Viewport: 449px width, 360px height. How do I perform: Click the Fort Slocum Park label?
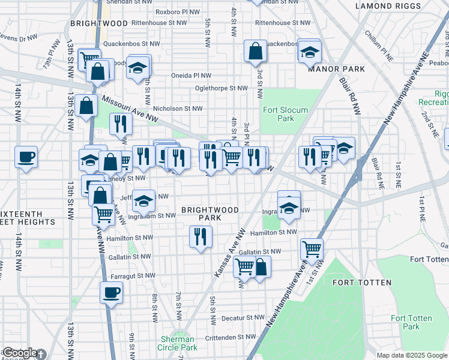pyautogui.click(x=286, y=114)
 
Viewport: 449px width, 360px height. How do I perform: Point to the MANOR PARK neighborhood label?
pyautogui.click(x=336, y=69)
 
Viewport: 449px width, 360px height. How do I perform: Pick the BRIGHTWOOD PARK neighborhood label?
pyautogui.click(x=211, y=214)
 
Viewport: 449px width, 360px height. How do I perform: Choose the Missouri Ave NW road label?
pyautogui.click(x=130, y=110)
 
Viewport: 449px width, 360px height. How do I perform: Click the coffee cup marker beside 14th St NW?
pyautogui.click(x=26, y=158)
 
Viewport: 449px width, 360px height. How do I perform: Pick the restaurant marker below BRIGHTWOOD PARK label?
pyautogui.click(x=200, y=236)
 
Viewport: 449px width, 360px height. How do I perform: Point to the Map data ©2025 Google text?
pyautogui.click(x=412, y=355)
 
